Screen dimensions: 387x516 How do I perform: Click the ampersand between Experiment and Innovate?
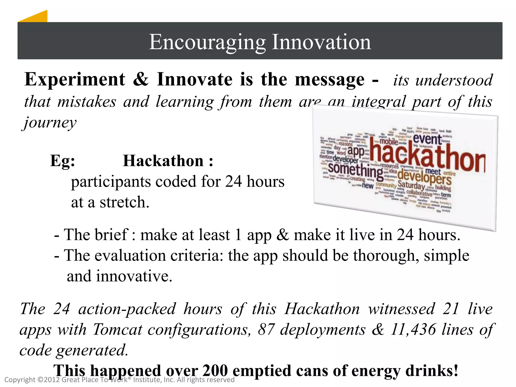point(141,79)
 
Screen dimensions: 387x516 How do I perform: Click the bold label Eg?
point(62,161)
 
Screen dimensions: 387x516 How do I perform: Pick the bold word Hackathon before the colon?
point(163,161)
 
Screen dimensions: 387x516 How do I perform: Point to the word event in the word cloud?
point(427,139)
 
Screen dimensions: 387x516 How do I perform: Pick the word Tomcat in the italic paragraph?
point(117,330)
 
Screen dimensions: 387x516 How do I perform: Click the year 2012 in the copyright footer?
point(52,380)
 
